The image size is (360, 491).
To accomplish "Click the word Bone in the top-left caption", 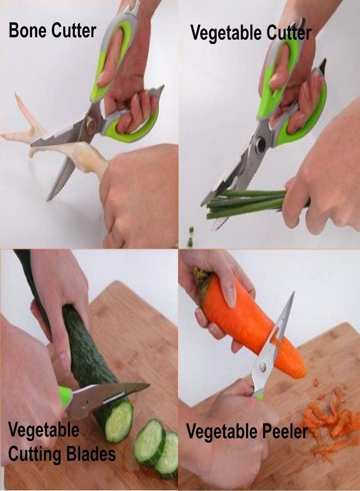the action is tap(28, 31).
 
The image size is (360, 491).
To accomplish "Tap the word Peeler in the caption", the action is tap(285, 432).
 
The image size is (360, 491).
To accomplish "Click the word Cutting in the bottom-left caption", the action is tap(34, 455).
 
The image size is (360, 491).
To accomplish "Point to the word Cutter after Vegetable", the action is tap(289, 33).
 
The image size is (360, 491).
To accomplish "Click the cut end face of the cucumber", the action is tap(118, 421).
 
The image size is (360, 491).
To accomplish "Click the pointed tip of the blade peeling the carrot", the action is tap(293, 293).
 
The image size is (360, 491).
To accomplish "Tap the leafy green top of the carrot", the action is tap(202, 276).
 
